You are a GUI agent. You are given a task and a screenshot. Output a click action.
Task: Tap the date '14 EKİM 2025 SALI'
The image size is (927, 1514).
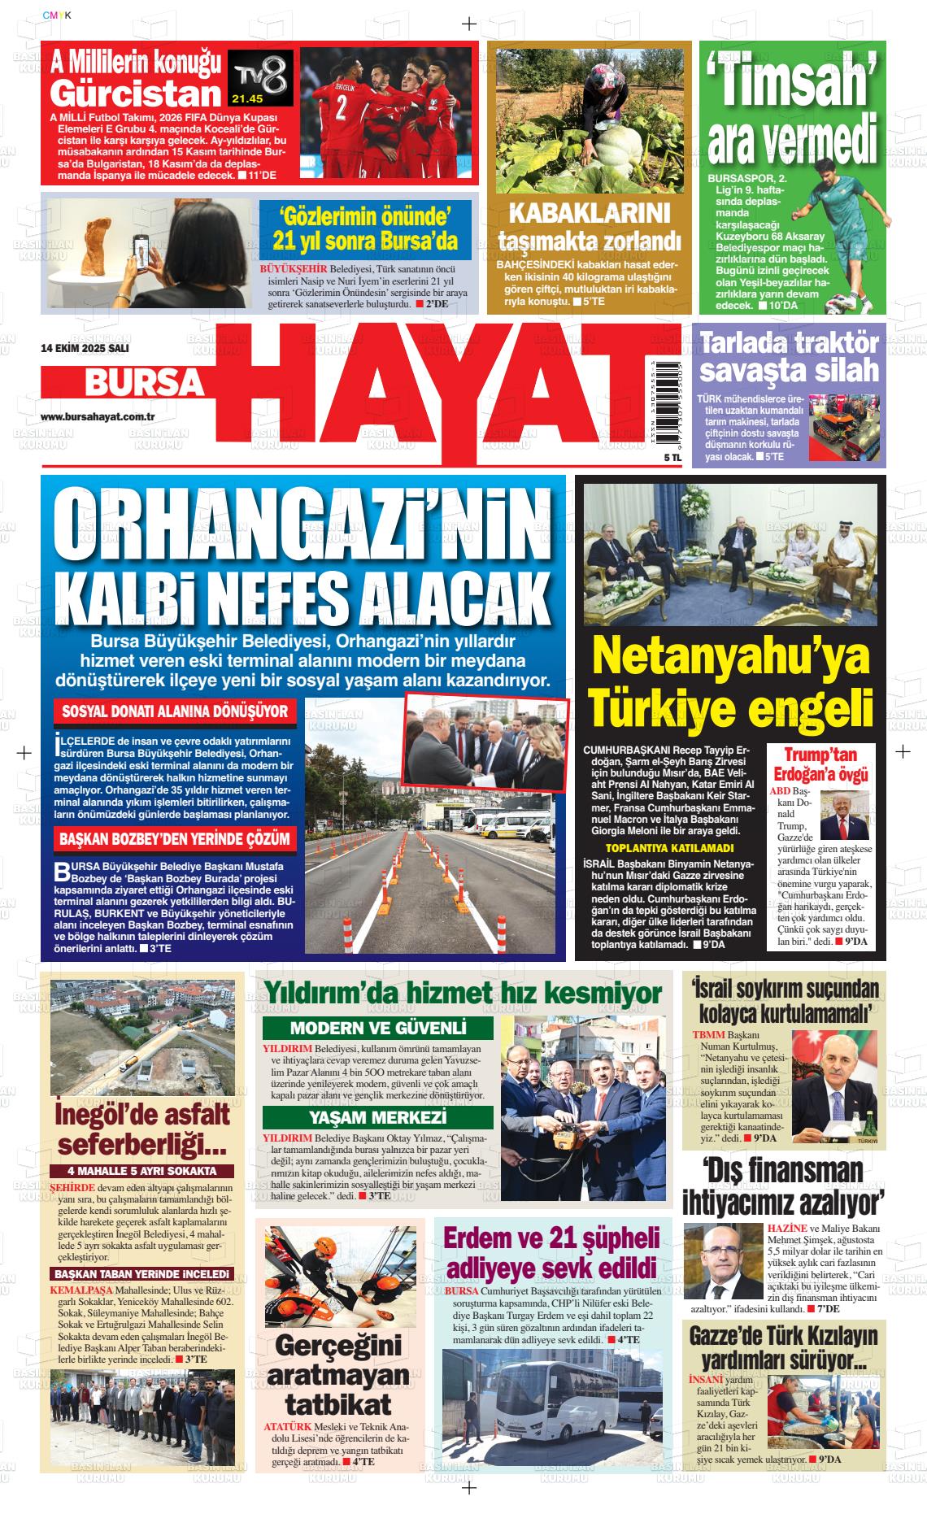85,348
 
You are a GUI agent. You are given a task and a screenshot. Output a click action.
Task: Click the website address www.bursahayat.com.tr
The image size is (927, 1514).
98,416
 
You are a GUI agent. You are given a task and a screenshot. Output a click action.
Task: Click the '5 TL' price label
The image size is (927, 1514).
649,459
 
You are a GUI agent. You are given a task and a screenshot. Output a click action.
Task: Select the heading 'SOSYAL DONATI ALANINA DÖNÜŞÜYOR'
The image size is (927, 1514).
175,711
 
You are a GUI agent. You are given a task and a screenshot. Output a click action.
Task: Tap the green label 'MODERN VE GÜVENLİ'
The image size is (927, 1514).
378,1027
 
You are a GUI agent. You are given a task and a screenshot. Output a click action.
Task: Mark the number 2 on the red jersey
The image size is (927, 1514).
342,105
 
